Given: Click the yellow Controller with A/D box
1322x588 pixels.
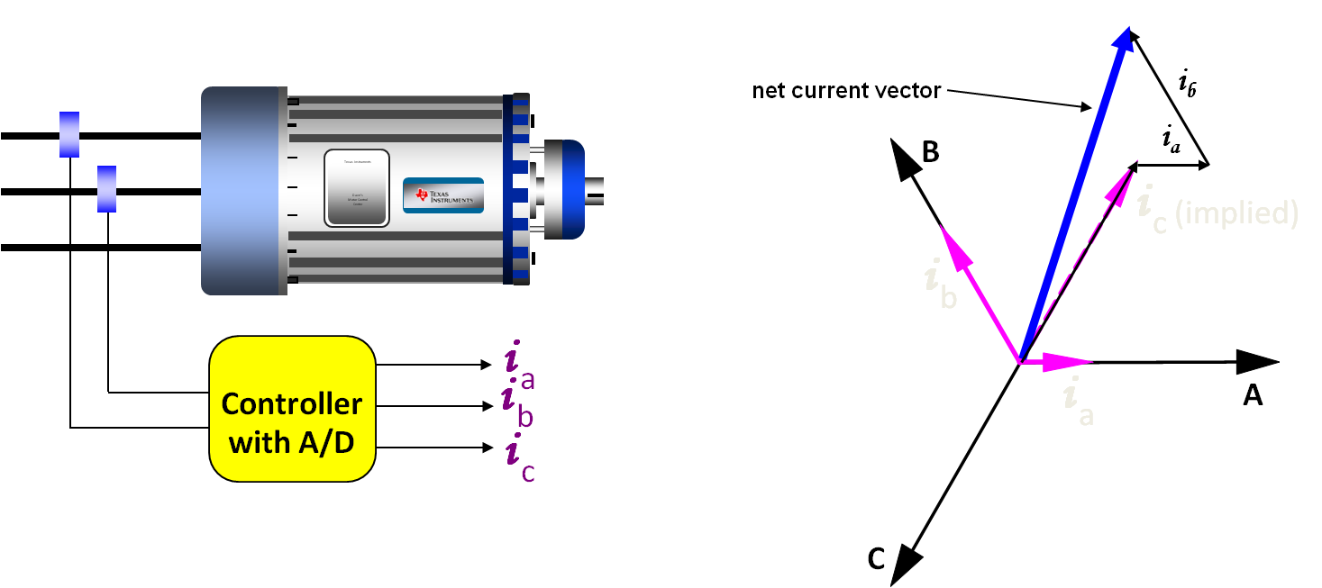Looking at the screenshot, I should [x=292, y=408].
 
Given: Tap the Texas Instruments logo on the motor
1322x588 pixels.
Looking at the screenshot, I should [x=443, y=195].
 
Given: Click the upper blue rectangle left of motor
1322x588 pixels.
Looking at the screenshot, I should [x=69, y=134].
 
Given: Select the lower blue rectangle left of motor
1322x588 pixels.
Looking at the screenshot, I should [x=106, y=188].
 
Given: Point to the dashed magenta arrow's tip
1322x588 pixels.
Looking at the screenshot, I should [x=1135, y=162].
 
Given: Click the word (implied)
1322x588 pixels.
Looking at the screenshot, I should [x=1236, y=213].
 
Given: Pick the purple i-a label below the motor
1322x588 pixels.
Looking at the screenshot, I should [x=520, y=366].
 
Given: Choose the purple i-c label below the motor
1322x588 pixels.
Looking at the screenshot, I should [x=521, y=456].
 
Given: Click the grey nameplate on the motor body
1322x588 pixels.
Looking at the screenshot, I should [x=357, y=187].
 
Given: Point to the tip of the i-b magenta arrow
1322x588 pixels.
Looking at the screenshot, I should [x=942, y=227].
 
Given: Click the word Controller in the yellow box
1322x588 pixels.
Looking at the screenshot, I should [x=292, y=403].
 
